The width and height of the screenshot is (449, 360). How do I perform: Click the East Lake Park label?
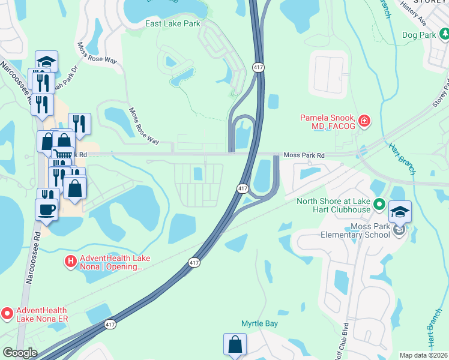coord(173,23)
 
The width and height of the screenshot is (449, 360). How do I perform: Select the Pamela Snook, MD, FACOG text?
coord(328,122)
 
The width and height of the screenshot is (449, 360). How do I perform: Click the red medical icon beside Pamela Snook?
coord(364,122)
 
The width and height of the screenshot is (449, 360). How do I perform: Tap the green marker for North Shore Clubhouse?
coord(379,205)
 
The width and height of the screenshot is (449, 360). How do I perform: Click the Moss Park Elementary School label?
coord(354,230)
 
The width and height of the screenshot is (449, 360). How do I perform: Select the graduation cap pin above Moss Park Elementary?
coord(400,212)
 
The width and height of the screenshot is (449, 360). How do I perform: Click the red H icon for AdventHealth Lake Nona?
coord(70,262)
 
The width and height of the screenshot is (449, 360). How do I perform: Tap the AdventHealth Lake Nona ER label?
coord(41,313)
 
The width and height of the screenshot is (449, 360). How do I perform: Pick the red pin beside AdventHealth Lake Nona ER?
coord(7,313)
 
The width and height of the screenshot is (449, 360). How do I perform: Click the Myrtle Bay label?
coord(259,323)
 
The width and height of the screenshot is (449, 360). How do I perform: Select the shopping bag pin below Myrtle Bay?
coord(235,345)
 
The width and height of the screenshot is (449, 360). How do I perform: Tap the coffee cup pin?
coord(46,209)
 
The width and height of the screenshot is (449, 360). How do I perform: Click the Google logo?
coord(19,353)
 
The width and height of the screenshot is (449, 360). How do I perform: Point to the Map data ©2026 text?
coord(423,355)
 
